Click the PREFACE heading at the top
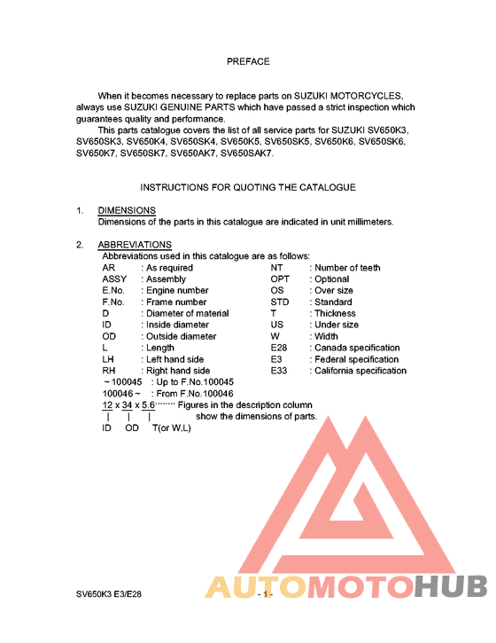coord(248,62)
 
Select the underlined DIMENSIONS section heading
coord(127,210)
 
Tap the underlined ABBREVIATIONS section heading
coord(135,245)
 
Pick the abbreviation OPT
coord(280,279)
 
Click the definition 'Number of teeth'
coord(348,268)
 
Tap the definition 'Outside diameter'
coord(182,337)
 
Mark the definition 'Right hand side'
coord(178,371)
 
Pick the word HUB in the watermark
coord(451,587)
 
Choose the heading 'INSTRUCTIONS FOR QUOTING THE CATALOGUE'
coord(248,187)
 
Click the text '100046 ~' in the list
coord(121,394)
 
